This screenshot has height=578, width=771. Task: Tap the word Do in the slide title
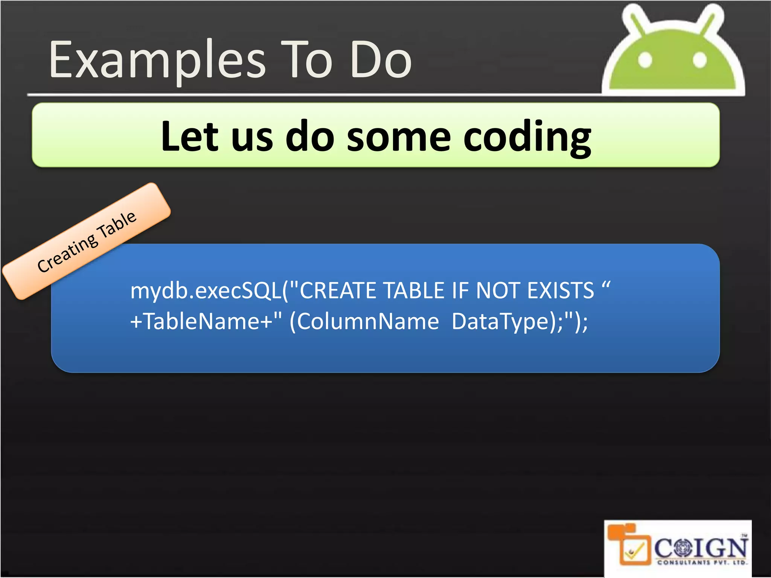(381, 60)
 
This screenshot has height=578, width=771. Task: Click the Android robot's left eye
(645, 60)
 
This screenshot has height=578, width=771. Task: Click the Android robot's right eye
(699, 60)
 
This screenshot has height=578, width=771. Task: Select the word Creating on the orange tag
(68, 253)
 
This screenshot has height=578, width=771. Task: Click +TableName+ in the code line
(201, 322)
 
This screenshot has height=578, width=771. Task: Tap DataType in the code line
(501, 322)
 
